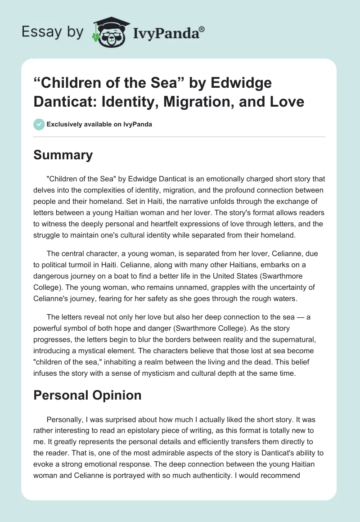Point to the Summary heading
[63, 155]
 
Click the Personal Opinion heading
[87, 395]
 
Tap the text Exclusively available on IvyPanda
[99, 124]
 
